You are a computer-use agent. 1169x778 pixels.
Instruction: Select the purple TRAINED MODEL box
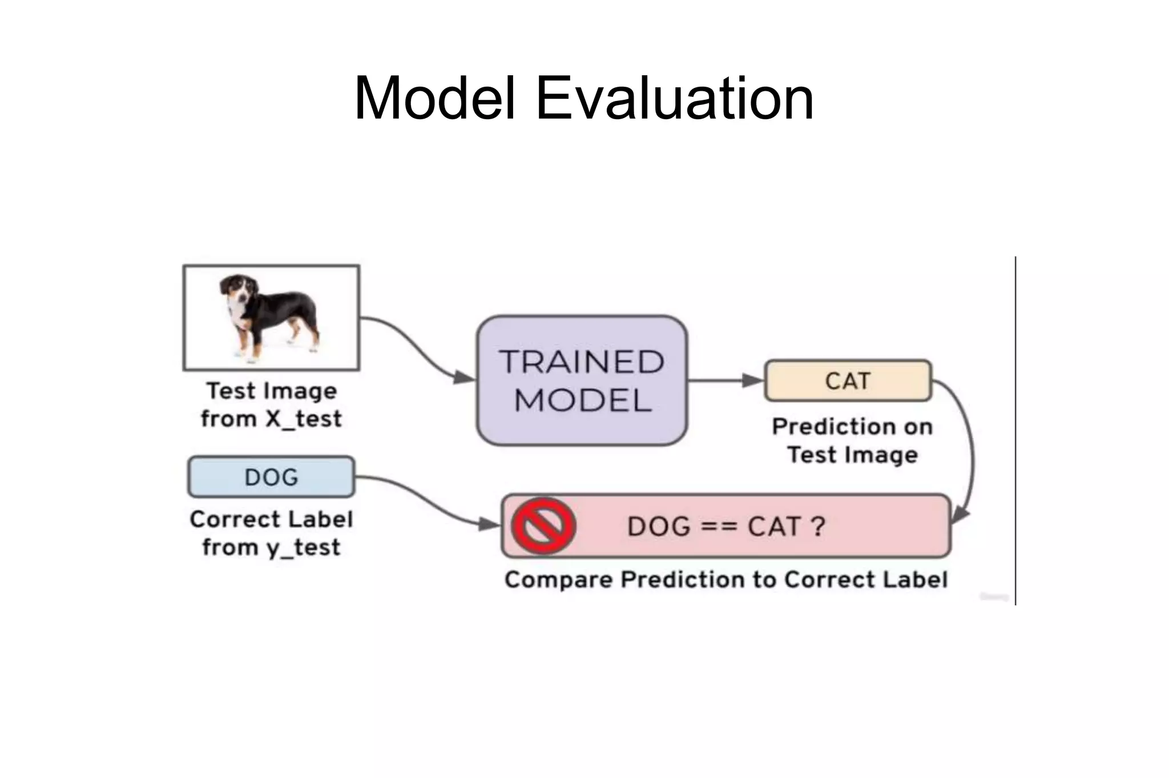pos(582,380)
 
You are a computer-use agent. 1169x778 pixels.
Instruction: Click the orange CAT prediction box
pos(848,380)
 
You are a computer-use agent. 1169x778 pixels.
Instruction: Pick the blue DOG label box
pos(271,477)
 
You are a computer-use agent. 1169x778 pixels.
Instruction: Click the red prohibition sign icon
pos(543,525)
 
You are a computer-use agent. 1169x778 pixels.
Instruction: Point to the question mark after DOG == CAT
pos(818,526)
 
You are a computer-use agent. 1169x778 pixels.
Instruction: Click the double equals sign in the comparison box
pos(716,526)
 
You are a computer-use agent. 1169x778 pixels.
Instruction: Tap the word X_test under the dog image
pos(304,419)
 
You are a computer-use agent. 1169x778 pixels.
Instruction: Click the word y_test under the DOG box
pos(303,548)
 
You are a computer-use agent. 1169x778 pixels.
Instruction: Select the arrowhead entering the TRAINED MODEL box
pos(465,377)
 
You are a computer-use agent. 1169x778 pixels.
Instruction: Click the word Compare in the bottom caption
pos(558,580)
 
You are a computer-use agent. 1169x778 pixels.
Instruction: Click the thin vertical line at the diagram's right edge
pos(1015,428)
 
